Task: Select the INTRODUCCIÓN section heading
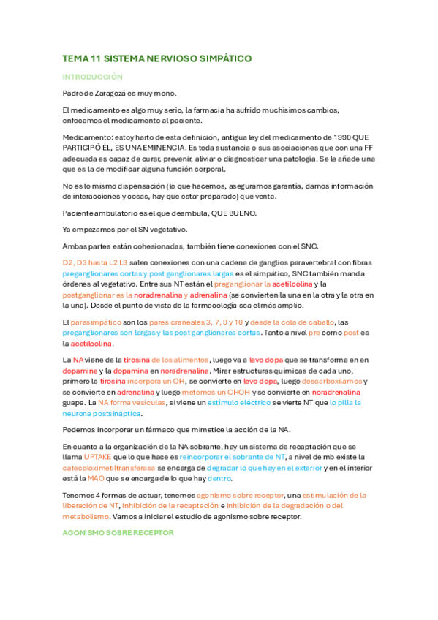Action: tap(92, 77)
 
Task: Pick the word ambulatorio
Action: tap(113, 213)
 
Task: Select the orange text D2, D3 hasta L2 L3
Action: tap(95, 262)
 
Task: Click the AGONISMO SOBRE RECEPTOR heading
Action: tap(118, 533)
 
